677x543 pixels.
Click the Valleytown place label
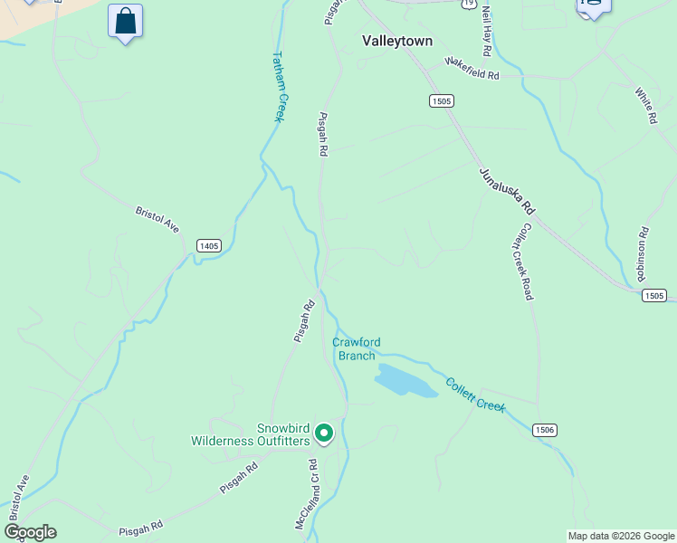pos(397,41)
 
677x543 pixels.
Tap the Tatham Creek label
pos(280,86)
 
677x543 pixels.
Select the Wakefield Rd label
pos(472,70)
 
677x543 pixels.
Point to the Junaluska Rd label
pos(508,191)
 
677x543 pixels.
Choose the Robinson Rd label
pos(643,254)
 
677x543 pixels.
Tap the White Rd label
pos(645,105)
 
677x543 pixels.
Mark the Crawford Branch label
pos(357,348)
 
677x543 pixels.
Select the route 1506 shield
pos(544,430)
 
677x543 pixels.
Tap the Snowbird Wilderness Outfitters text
pos(251,434)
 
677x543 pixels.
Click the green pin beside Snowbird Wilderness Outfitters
pos(324,435)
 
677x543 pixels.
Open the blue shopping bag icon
pos(125,21)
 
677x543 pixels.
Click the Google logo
pos(30,532)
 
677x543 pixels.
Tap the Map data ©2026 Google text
pos(621,536)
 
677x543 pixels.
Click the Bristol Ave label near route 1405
pos(158,220)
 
